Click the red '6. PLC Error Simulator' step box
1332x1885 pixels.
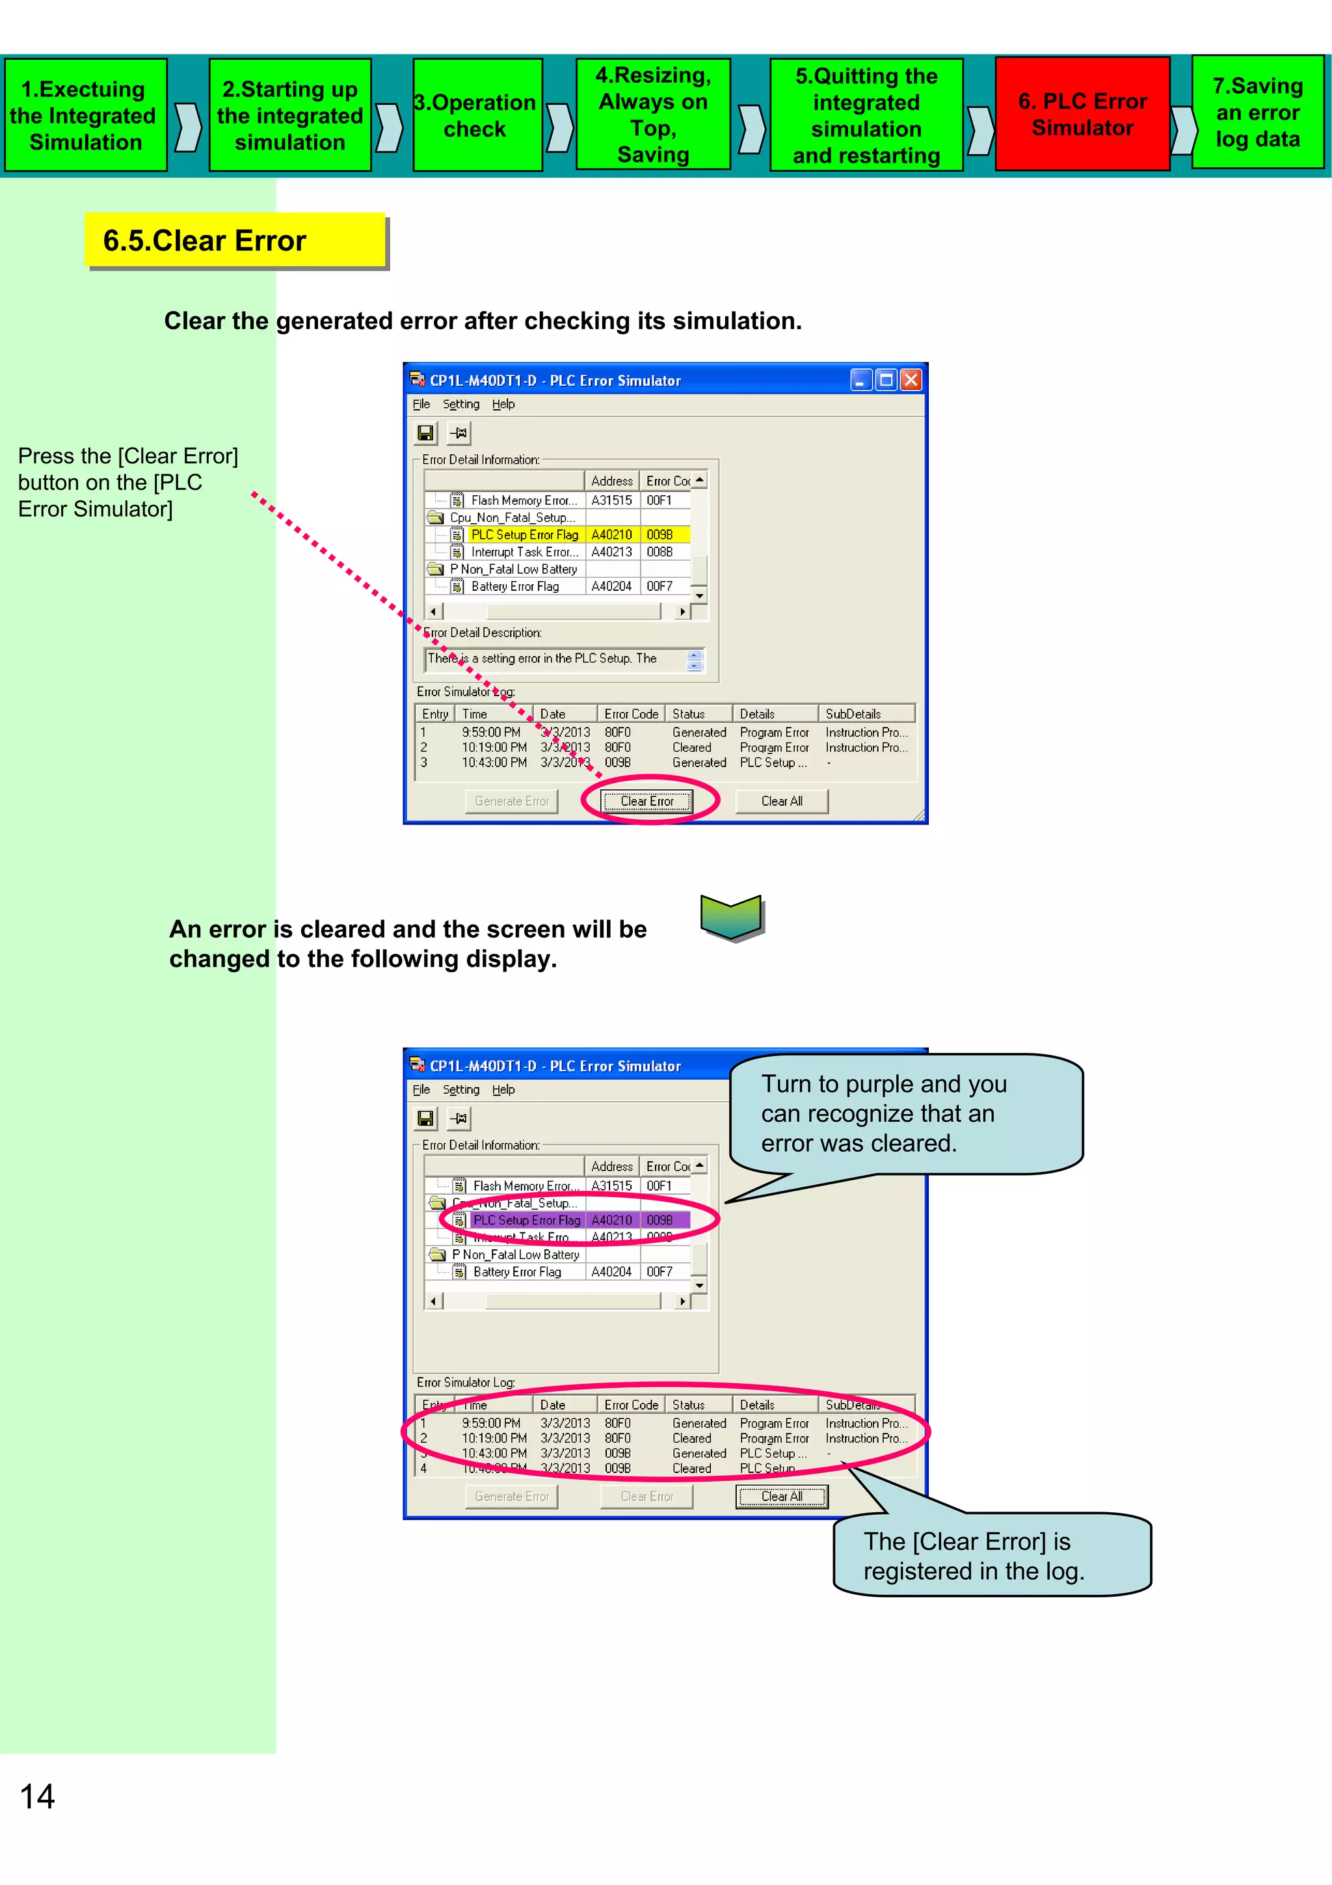click(1082, 114)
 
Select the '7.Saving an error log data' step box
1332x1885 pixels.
click(1257, 113)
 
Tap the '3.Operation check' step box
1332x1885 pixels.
click(477, 115)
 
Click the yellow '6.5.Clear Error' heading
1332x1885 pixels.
click(235, 241)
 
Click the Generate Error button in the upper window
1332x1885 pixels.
click(511, 801)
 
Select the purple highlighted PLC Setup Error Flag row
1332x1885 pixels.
click(527, 1220)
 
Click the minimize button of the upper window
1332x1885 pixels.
click(860, 380)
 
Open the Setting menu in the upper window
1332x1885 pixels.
click(460, 404)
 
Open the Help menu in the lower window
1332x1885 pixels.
click(503, 1089)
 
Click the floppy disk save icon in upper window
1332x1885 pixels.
click(425, 433)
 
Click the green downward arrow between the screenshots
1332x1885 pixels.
click(730, 916)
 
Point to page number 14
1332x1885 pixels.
click(38, 1797)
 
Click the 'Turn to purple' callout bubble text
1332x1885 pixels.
click(884, 1113)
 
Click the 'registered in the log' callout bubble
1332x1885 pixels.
click(974, 1556)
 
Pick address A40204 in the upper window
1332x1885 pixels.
click(611, 586)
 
